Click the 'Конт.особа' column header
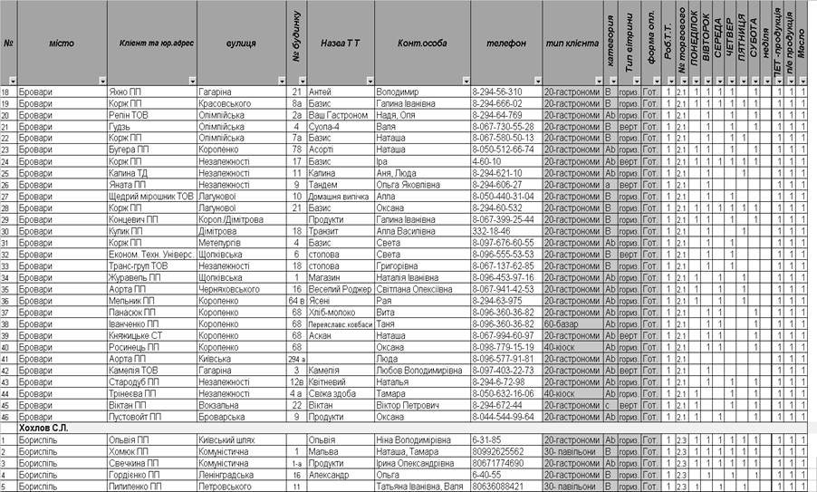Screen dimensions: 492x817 click(x=422, y=43)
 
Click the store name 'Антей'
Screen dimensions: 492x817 click(x=321, y=92)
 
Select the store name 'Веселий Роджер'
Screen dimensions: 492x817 click(x=341, y=288)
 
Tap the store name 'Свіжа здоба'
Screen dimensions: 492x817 click(x=332, y=392)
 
